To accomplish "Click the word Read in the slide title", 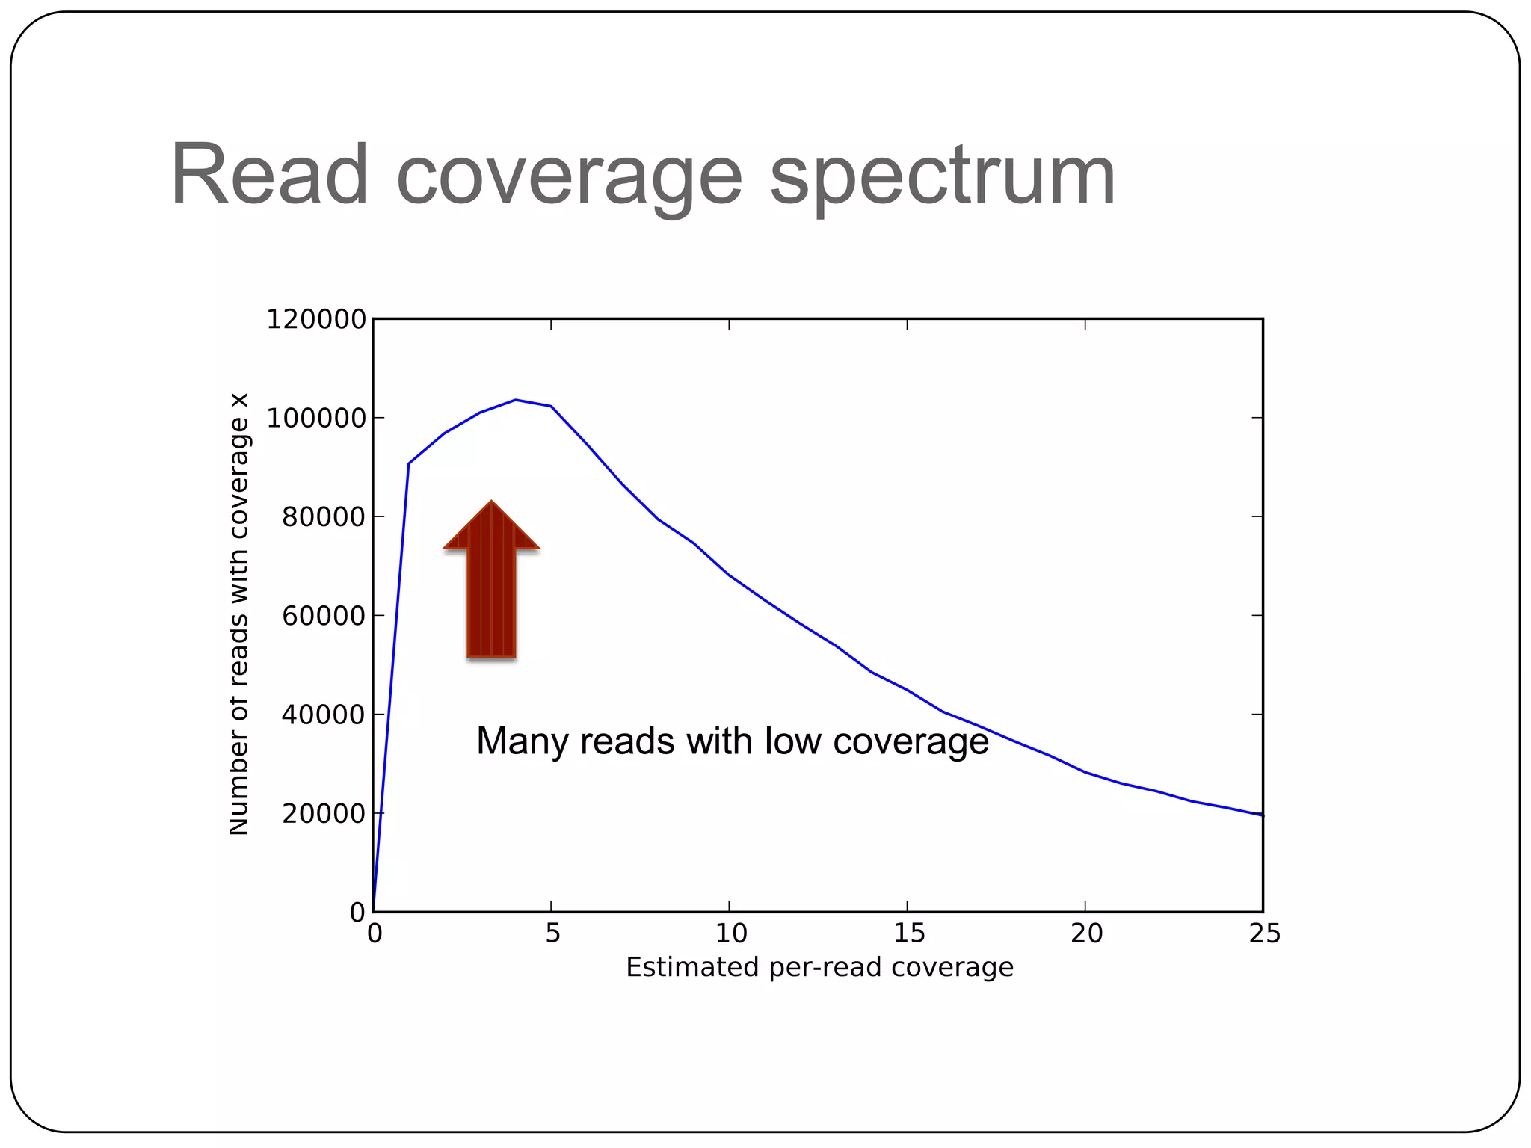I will click(x=269, y=176).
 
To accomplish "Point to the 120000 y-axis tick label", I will click(x=315, y=320).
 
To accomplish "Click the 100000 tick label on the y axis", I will click(x=315, y=419).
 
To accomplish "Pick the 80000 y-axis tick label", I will click(x=323, y=517).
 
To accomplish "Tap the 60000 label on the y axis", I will click(x=323, y=617).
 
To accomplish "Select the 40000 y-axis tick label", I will click(x=323, y=715).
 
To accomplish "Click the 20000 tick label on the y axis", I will click(x=323, y=814).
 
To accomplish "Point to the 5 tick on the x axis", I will click(x=552, y=933).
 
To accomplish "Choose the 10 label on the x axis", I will click(x=730, y=933).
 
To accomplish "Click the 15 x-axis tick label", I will click(x=908, y=933).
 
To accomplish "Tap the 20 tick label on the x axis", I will click(x=1086, y=933).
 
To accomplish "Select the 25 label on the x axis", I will click(x=1264, y=933).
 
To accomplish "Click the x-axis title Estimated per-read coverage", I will click(x=819, y=967).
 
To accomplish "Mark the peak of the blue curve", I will click(x=516, y=400).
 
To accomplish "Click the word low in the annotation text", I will click(x=794, y=741).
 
